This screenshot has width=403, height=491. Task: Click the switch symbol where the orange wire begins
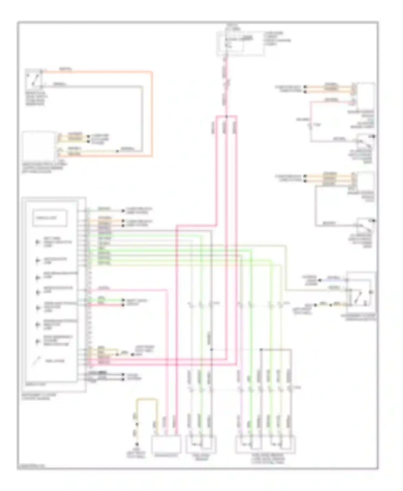pyautogui.click(x=34, y=79)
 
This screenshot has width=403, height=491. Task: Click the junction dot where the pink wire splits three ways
pyautogui.click(x=226, y=117)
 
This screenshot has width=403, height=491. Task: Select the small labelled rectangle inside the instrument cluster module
pyautogui.click(x=50, y=218)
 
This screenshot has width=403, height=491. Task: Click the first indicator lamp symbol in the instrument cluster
pyautogui.click(x=38, y=242)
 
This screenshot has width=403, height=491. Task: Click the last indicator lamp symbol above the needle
pyautogui.click(x=38, y=341)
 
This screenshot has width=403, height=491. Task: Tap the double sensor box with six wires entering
pyautogui.click(x=265, y=445)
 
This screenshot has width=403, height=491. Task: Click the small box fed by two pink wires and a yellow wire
pyautogui.click(x=165, y=445)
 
